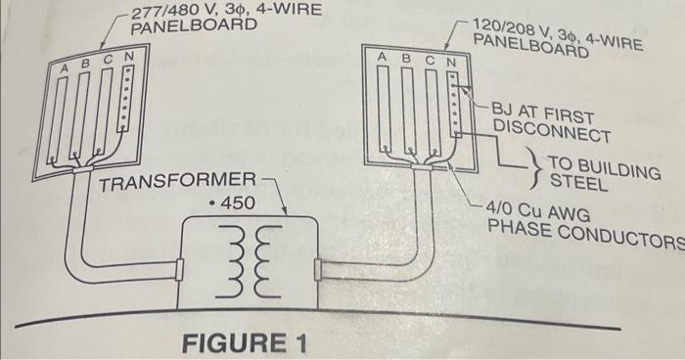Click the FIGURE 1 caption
(x=245, y=343)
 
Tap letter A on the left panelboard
(x=65, y=68)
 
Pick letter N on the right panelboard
(x=451, y=62)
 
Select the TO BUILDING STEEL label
(x=599, y=172)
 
